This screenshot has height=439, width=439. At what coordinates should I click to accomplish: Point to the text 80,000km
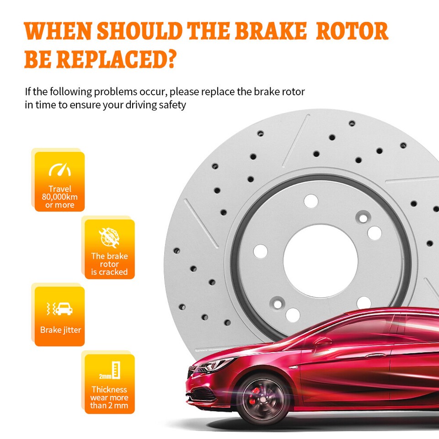[x=60, y=197]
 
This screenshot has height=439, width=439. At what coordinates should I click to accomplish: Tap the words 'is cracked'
[x=109, y=272]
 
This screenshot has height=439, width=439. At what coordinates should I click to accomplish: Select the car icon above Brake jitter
[x=63, y=310]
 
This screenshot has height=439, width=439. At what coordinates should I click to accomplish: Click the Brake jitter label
[x=60, y=330]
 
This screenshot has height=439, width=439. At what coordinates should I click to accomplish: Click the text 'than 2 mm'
[x=109, y=406]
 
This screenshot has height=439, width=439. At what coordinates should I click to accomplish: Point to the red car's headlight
[x=214, y=365]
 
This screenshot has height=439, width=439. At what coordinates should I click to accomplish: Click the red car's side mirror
[x=322, y=341]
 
